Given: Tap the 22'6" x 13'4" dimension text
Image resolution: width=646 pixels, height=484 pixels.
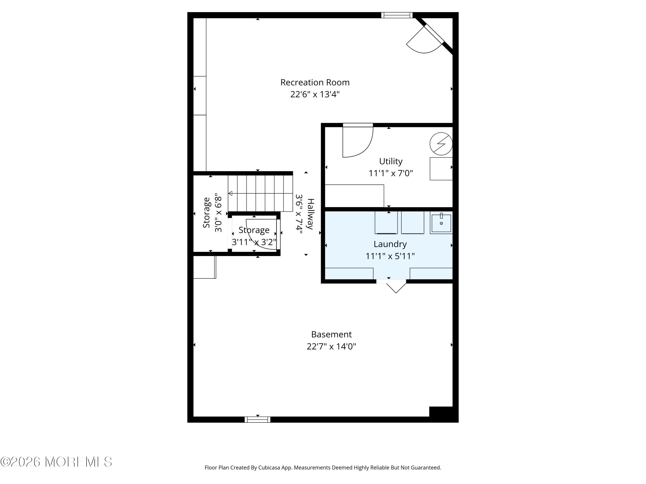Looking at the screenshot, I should pyautogui.click(x=315, y=94).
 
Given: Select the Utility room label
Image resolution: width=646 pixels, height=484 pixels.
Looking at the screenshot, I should pyautogui.click(x=390, y=161).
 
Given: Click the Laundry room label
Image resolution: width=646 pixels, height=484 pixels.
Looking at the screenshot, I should pyautogui.click(x=390, y=244).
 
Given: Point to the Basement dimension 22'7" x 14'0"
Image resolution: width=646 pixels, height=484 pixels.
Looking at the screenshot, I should pyautogui.click(x=331, y=346).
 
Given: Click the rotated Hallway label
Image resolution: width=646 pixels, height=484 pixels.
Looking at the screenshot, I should pyautogui.click(x=310, y=214).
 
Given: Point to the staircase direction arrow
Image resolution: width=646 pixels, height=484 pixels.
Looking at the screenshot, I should pyautogui.click(x=230, y=193).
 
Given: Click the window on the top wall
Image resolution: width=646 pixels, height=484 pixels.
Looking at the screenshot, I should pyautogui.click(x=397, y=15).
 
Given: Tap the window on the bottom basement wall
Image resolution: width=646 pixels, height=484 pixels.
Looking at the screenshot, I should pyautogui.click(x=257, y=419).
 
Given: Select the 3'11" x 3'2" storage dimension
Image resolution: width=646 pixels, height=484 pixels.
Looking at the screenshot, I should pyautogui.click(x=254, y=242).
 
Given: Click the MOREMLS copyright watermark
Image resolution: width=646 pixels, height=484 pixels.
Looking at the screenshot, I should pyautogui.click(x=56, y=462).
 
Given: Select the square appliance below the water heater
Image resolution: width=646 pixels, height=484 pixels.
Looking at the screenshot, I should pyautogui.click(x=441, y=169).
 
